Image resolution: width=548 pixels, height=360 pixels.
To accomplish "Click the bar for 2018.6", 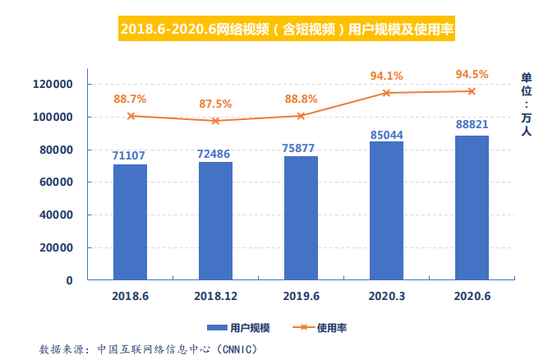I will click(130, 222).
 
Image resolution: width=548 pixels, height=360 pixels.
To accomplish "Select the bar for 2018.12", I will click(215, 220).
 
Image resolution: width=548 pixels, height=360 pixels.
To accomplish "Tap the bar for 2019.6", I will click(301, 218).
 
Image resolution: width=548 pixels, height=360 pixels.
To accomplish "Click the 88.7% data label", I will click(130, 99).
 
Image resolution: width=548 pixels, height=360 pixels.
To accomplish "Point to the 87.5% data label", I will click(215, 104).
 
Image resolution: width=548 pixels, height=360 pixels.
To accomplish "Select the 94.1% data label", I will click(386, 76).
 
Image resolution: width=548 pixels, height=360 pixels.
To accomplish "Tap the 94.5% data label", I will click(472, 75).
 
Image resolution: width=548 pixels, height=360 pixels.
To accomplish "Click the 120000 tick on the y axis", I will click(53, 85).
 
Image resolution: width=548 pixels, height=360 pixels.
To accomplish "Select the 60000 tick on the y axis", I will click(57, 182).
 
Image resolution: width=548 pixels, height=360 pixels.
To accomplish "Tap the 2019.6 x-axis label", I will click(301, 295).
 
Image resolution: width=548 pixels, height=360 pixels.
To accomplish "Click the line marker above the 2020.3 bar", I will click(386, 93).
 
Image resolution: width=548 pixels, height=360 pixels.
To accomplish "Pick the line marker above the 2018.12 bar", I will click(215, 121).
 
